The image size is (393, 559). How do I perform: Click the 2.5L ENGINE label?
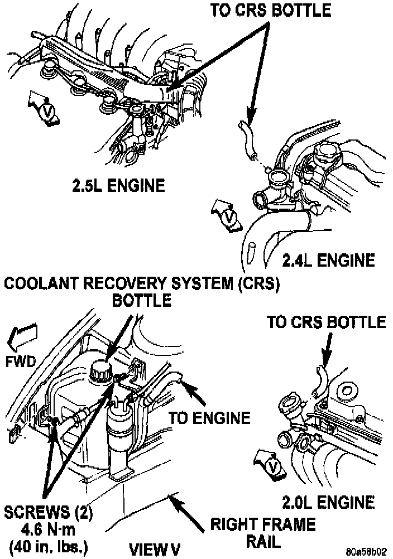(118, 185)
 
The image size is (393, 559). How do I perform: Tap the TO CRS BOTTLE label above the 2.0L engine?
(327, 322)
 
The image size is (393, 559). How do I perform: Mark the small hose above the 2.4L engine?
(246, 137)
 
